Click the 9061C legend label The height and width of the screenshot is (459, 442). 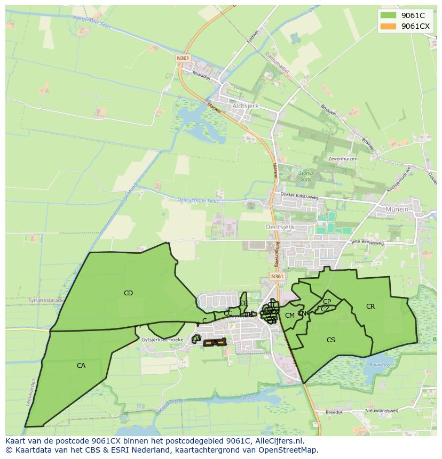click(x=413, y=15)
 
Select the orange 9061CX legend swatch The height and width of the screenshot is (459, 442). click(x=388, y=26)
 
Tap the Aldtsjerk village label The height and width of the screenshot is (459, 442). click(x=246, y=106)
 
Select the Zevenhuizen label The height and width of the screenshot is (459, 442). click(x=343, y=159)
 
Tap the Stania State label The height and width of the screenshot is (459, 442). click(x=306, y=176)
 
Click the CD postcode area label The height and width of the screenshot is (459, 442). click(x=128, y=293)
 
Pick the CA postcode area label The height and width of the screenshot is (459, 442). click(x=81, y=366)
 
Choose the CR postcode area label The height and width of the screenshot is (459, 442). click(x=370, y=307)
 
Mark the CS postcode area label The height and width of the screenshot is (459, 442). click(x=331, y=340)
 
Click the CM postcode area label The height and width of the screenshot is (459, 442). click(x=290, y=316)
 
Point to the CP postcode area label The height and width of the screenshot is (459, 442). click(x=327, y=302)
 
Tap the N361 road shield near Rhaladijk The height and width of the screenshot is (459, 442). click(x=183, y=58)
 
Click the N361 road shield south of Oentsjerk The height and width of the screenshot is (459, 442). click(x=277, y=276)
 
